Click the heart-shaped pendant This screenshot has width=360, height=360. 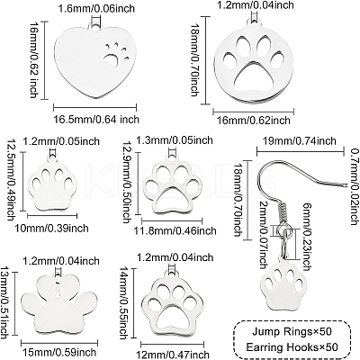click(95, 61)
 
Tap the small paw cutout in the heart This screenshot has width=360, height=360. click(115, 55)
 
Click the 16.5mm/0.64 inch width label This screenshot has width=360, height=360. click(96, 119)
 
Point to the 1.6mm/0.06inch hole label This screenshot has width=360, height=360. click(96, 9)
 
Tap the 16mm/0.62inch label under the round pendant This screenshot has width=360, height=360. click(254, 121)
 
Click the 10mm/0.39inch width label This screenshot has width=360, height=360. click(51, 228)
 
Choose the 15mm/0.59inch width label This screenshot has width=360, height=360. click(58, 352)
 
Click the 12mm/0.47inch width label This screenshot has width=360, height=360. click(172, 355)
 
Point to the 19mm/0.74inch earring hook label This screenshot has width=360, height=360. click(300, 140)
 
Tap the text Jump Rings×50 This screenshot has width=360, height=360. click(292, 331)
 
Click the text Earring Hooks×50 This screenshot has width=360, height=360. click(292, 347)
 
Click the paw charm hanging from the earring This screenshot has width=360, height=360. click(283, 285)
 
